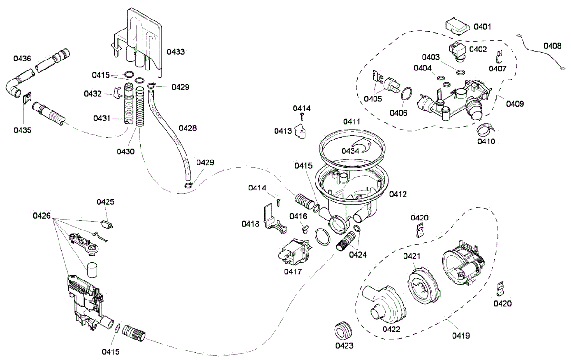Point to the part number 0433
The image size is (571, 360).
pyautogui.click(x=176, y=51)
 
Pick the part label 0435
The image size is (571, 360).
pyautogui.click(x=22, y=130)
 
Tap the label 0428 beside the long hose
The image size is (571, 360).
pyautogui.click(x=187, y=128)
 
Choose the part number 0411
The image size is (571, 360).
pyautogui.click(x=352, y=122)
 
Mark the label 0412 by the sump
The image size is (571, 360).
pyautogui.click(x=398, y=194)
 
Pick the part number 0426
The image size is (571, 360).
pyautogui.click(x=42, y=216)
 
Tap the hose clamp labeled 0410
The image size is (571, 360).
pyautogui.click(x=485, y=129)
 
